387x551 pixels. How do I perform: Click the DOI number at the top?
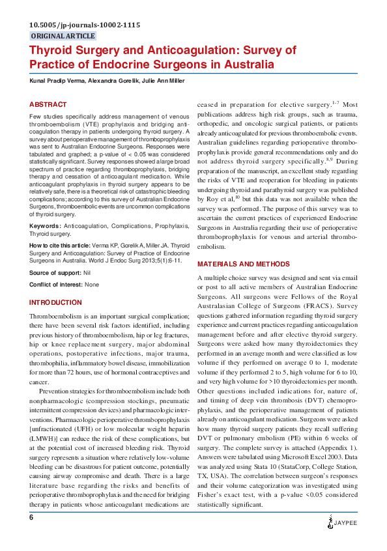coord(85,25)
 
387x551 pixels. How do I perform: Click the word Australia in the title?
coord(242,64)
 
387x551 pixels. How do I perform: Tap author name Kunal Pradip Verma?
coord(57,81)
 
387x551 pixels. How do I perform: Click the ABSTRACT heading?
coord(48,104)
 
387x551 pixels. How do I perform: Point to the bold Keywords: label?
coord(46,227)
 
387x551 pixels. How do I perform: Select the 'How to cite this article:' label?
coord(59,245)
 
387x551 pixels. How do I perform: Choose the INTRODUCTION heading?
coord(55,303)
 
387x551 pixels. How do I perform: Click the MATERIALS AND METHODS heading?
coord(243,264)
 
